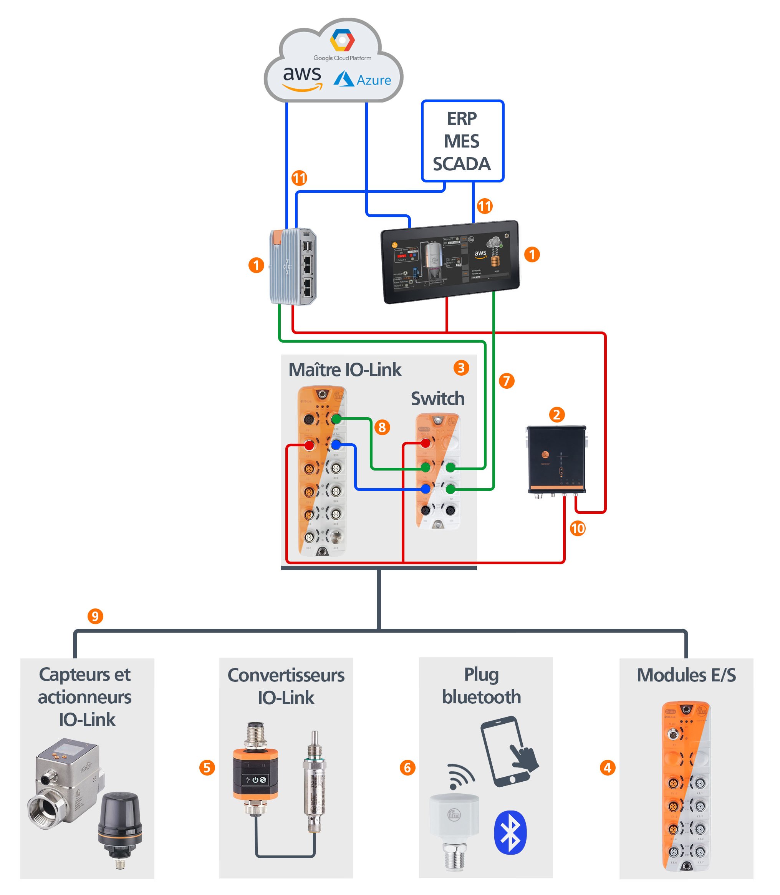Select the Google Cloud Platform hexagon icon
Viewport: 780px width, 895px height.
pos(342,40)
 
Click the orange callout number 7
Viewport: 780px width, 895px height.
pos(506,381)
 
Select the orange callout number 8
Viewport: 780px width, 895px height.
pos(382,427)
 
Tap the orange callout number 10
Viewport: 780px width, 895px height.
pos(578,529)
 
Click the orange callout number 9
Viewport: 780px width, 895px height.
pos(95,616)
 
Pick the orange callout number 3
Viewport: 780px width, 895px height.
pos(461,368)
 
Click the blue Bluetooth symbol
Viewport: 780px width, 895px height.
pos(510,832)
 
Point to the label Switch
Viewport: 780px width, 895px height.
pos(437,399)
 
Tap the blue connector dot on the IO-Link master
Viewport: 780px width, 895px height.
pos(336,445)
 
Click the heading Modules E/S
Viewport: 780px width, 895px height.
pos(686,676)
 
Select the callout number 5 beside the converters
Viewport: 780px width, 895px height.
pos(207,767)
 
